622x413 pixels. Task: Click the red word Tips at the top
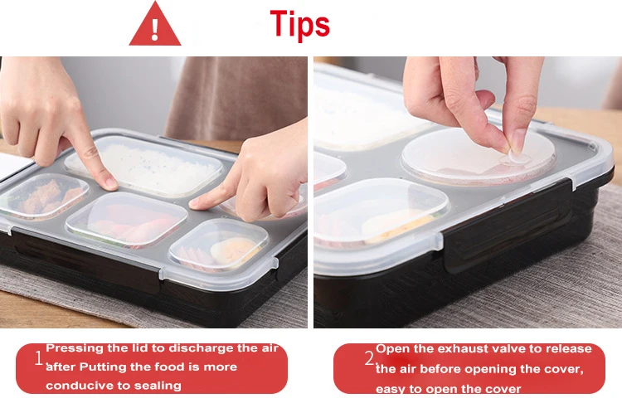[x=300, y=24]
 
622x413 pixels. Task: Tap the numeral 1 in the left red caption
[x=39, y=358]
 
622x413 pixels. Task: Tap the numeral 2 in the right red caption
[x=369, y=358]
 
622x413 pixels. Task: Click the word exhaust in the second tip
[x=464, y=349]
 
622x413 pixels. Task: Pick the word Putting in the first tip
[x=101, y=367]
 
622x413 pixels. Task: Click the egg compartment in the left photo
[x=219, y=245]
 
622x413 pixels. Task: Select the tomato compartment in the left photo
[x=126, y=221]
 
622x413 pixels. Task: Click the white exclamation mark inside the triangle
[x=155, y=30]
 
